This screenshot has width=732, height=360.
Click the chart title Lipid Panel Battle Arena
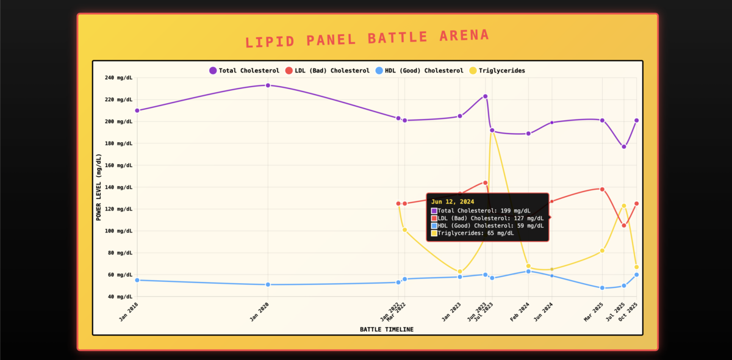(367, 38)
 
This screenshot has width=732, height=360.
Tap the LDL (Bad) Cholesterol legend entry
(327, 71)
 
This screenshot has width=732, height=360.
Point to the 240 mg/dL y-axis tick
(118, 77)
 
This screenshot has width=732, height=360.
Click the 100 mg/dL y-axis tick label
(118, 231)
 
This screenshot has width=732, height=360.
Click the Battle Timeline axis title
(386, 329)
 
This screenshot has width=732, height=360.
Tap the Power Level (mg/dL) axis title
(99, 187)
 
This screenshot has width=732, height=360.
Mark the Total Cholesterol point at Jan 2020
(268, 85)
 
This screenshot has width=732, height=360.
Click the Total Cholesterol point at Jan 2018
(137, 110)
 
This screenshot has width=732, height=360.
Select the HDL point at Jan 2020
(268, 284)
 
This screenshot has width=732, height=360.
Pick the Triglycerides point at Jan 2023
(460, 272)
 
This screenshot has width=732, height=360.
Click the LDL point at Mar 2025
(602, 189)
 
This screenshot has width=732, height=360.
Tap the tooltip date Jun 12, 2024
(452, 201)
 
